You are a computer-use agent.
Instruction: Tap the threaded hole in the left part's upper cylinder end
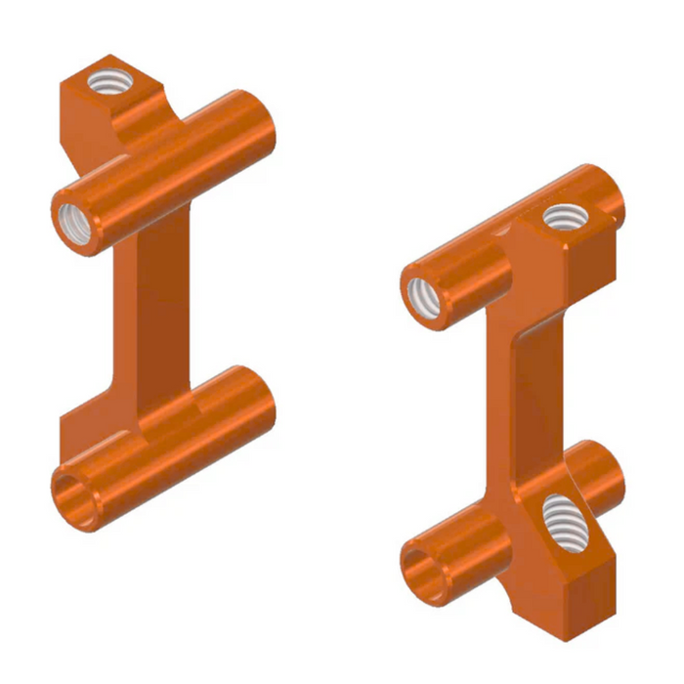pyautogui.click(x=75, y=226)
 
